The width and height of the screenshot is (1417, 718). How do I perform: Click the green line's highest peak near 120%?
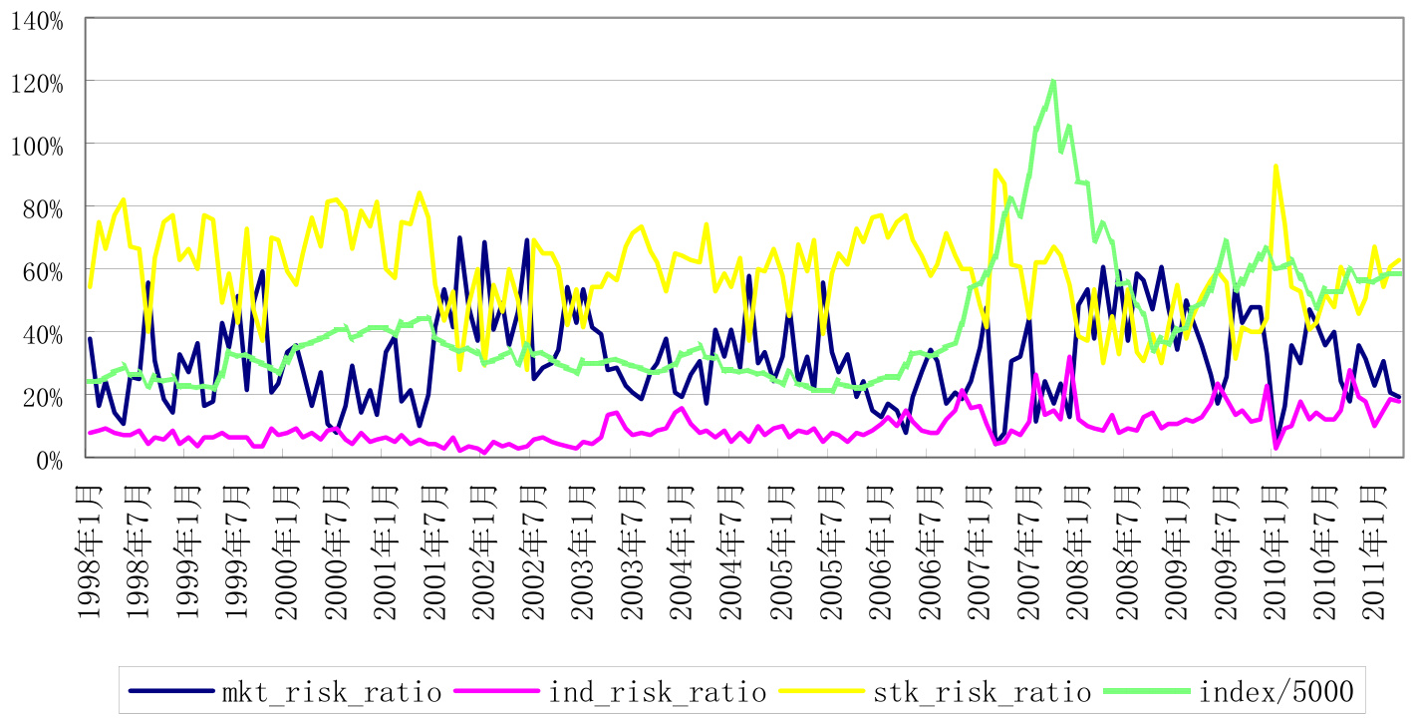pos(1052,82)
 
